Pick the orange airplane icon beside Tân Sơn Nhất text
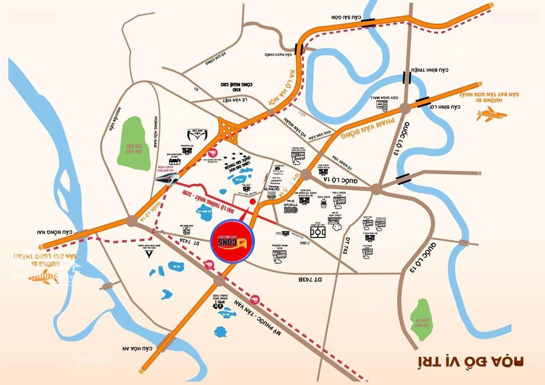491,115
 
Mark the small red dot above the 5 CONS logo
252,202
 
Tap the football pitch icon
318,232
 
